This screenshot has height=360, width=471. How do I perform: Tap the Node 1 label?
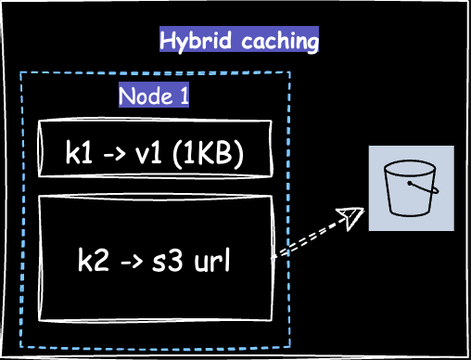tap(154, 96)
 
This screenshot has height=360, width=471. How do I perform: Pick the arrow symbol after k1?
tap(115, 153)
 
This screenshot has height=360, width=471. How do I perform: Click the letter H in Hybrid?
tap(168, 42)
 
